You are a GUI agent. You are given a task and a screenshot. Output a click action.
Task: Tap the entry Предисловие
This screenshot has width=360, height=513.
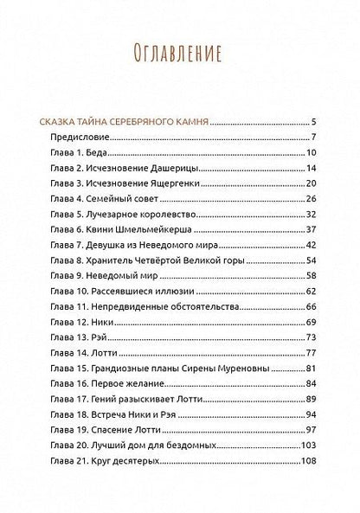tap(86, 138)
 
